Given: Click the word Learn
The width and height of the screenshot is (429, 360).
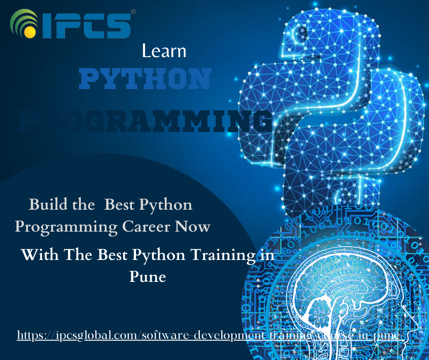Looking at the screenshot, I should point(164,51).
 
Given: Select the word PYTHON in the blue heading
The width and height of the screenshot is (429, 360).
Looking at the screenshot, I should point(145,79).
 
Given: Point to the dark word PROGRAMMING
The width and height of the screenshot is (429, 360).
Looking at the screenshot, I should point(145,122).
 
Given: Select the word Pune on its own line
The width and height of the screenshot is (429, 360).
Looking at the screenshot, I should point(147,276).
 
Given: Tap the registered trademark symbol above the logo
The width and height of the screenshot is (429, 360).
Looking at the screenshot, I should point(133,11).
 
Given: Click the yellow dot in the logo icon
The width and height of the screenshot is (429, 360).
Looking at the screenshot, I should point(29,32).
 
